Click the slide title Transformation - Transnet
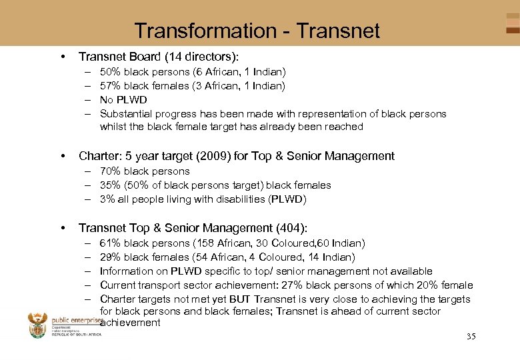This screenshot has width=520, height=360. [257, 31]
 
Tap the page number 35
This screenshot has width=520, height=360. [471, 336]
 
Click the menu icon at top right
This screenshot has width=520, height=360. [512, 23]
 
